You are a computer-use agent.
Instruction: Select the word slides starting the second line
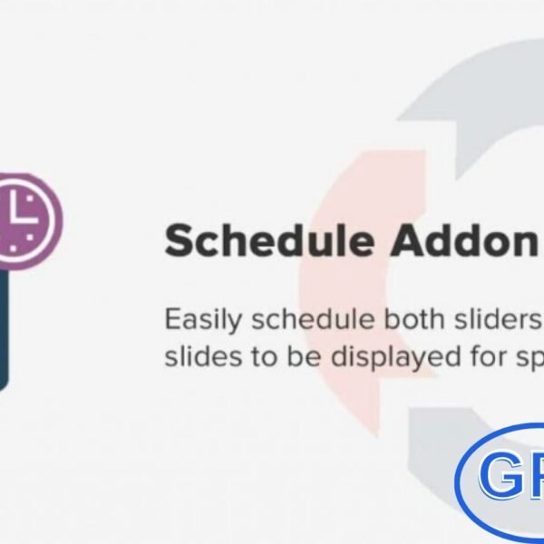[x=194, y=356]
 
